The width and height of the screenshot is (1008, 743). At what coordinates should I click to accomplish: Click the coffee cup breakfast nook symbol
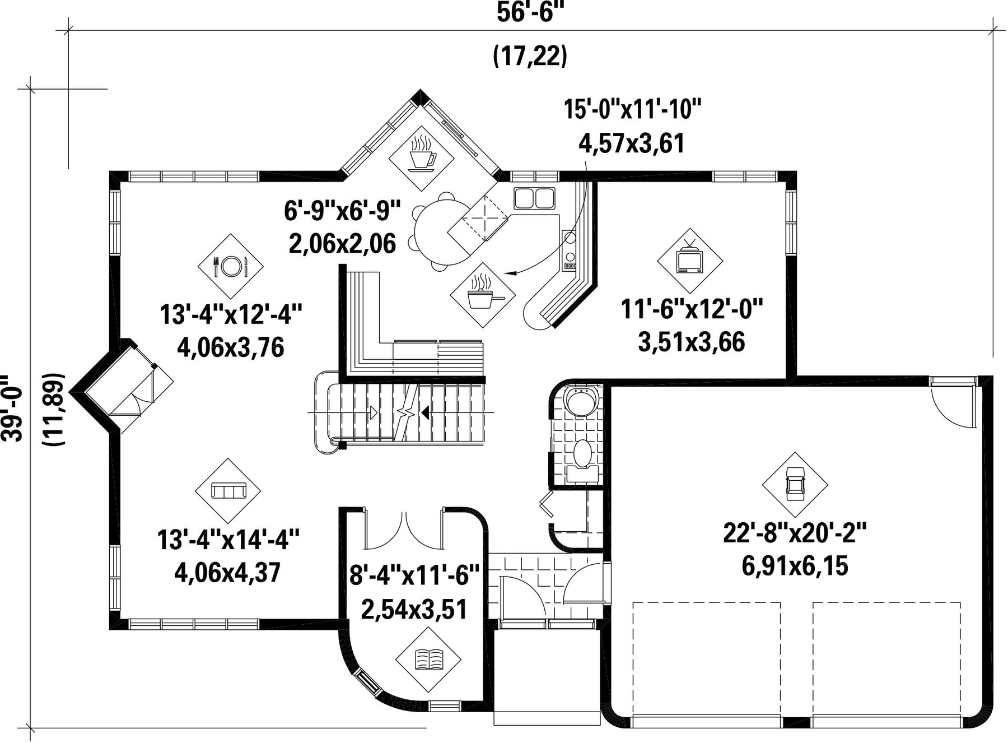tap(421, 151)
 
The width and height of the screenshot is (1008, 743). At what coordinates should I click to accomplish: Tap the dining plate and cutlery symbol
tap(231, 266)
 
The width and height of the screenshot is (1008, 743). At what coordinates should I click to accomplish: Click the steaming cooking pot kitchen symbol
tap(482, 295)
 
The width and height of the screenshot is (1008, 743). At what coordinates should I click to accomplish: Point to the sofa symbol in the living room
tap(228, 491)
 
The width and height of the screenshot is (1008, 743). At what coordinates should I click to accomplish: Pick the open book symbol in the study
tap(428, 659)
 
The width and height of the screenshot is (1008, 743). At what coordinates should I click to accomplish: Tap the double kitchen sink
tap(535, 198)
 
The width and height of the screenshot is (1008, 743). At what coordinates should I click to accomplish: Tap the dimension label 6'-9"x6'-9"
tap(343, 211)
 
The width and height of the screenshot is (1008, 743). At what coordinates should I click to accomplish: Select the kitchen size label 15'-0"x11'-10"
tap(632, 109)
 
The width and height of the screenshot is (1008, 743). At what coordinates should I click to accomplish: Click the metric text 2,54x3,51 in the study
tap(414, 610)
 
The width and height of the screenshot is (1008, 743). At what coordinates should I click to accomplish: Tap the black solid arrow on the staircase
tap(425, 413)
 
